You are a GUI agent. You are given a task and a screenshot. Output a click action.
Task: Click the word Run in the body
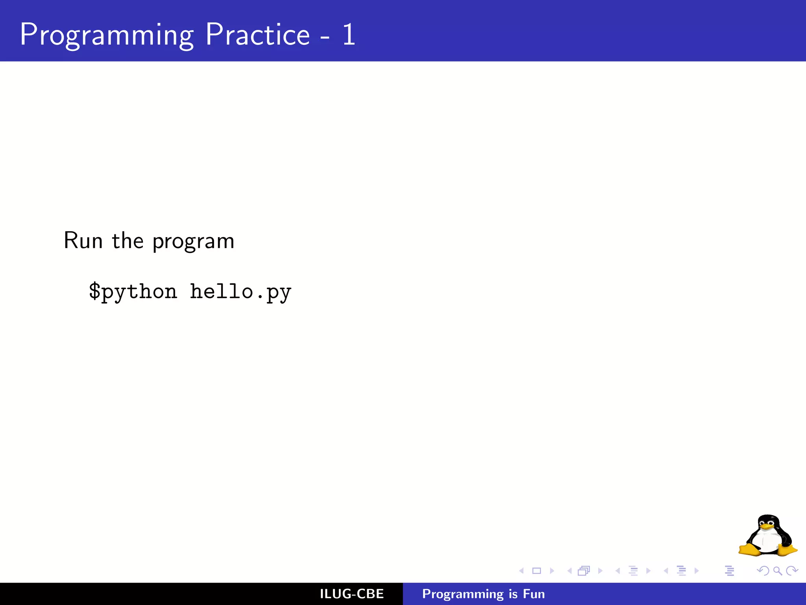83,241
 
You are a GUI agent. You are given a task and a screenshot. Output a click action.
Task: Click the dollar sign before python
94,291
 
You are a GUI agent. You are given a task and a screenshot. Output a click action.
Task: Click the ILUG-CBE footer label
351,594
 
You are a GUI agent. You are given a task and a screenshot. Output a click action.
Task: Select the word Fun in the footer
534,594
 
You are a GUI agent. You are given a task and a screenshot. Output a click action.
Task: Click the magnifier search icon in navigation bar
777,571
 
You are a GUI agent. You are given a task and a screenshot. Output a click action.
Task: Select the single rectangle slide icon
536,571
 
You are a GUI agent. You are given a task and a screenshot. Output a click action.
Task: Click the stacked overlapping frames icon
584,571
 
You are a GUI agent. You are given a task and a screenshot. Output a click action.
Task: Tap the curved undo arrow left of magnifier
763,571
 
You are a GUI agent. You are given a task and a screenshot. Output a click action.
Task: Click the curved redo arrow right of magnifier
792,571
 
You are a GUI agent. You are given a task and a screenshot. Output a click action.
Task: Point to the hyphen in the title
325,38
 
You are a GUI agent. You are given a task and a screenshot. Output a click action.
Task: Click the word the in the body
128,241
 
